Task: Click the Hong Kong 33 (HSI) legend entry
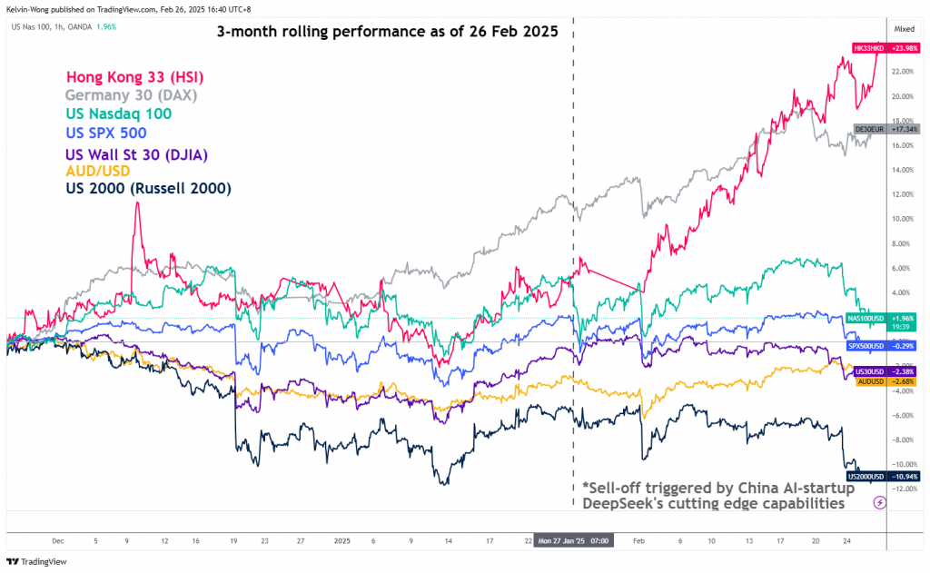[137, 77]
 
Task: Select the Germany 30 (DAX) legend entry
[131, 95]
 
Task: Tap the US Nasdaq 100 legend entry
[118, 114]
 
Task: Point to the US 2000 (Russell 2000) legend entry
[148, 189]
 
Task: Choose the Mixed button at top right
[904, 29]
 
